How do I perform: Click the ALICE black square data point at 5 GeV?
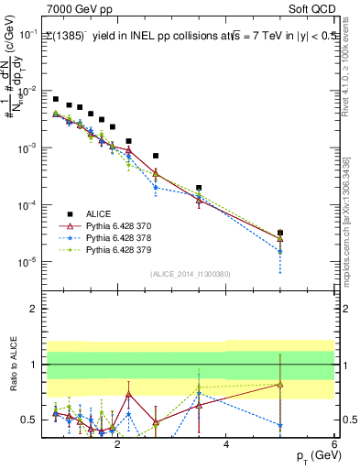(280, 233)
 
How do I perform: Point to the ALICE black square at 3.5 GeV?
(199, 188)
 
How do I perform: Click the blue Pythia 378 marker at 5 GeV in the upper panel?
(280, 251)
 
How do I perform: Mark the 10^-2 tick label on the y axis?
(28, 92)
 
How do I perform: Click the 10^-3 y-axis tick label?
(28, 148)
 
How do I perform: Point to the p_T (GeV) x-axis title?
(313, 456)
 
